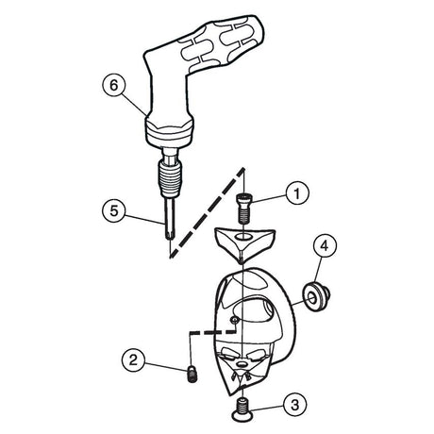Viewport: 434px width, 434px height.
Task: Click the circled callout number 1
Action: pyautogui.click(x=297, y=192)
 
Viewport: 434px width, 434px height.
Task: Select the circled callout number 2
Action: pyautogui.click(x=134, y=359)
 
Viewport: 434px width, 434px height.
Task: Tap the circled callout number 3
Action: pyautogui.click(x=294, y=405)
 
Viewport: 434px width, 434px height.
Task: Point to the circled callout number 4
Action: pyautogui.click(x=325, y=244)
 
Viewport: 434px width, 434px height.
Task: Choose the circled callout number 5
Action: pyautogui.click(x=114, y=210)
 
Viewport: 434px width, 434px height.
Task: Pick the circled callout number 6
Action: pyautogui.click(x=114, y=85)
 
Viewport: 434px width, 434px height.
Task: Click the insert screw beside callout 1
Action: pyautogui.click(x=242, y=209)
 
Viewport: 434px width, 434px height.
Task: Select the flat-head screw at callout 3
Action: pyautogui.click(x=242, y=409)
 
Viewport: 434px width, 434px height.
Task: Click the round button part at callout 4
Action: pyautogui.click(x=316, y=297)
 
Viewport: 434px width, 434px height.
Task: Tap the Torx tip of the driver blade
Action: pyautogui.click(x=169, y=236)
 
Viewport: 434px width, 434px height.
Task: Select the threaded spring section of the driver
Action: pyautogui.click(x=169, y=178)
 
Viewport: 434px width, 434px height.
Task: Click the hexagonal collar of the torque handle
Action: pyautogui.click(x=169, y=130)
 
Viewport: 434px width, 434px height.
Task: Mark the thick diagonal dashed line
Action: pyautogui.click(x=207, y=212)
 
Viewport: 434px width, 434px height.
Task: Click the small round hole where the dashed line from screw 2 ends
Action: pyautogui.click(x=234, y=320)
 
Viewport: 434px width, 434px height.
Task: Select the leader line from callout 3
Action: pyautogui.click(x=267, y=409)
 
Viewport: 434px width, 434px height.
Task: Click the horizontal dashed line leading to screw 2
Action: pyautogui.click(x=212, y=331)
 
